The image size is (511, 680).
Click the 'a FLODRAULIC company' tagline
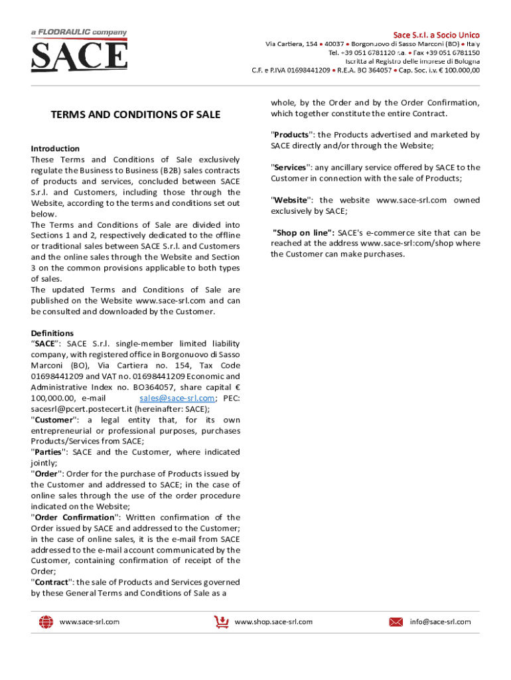pyautogui.click(x=79, y=32)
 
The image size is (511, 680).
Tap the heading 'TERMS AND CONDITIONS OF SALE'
pyautogui.click(x=135, y=115)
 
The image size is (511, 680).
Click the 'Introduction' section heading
pyautogui.click(x=55, y=149)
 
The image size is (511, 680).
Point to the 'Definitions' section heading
pyautogui.click(x=52, y=333)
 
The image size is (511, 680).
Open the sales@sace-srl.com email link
pyautogui.click(x=177, y=398)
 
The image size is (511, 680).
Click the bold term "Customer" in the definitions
pyautogui.click(x=55, y=420)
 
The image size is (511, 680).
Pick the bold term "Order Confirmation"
pyautogui.click(x=75, y=517)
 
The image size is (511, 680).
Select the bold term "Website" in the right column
pyautogui.click(x=291, y=200)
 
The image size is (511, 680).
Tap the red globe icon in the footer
pyautogui.click(x=46, y=622)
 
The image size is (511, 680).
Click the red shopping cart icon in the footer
pyautogui.click(x=221, y=622)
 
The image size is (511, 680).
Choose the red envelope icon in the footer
pyautogui.click(x=396, y=622)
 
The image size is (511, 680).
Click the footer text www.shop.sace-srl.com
pyautogui.click(x=273, y=622)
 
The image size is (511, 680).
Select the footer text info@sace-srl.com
pyautogui.click(x=440, y=622)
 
